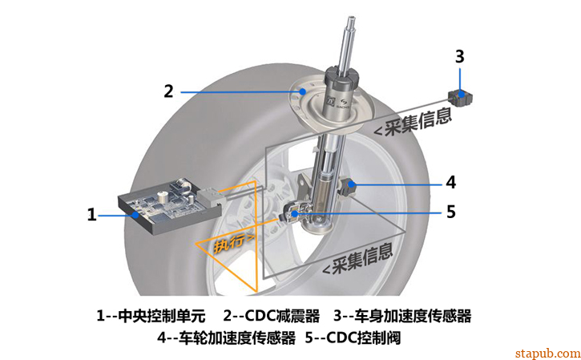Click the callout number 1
pos(91,214)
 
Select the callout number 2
pos(168,91)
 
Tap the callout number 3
pos(459,56)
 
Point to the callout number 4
pos(450,183)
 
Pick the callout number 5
pos(450,212)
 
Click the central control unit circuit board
pos(167,206)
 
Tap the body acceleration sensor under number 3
pos(460,97)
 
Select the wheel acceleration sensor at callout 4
pos(349,187)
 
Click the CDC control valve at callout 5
pos(295,214)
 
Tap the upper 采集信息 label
pos(413,121)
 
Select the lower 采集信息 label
pos(358,259)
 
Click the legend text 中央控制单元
pos(162,316)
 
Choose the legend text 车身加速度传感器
pos(413,316)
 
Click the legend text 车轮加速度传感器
pos(237,338)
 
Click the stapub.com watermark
pos(547,353)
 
